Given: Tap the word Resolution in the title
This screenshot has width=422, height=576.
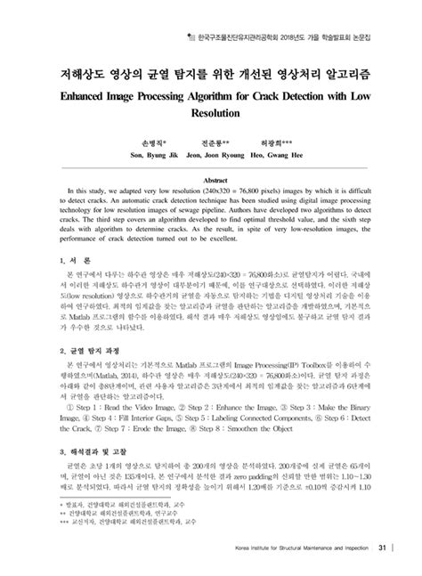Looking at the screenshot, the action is [212, 115].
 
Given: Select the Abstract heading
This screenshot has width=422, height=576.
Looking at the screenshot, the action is [211, 178].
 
